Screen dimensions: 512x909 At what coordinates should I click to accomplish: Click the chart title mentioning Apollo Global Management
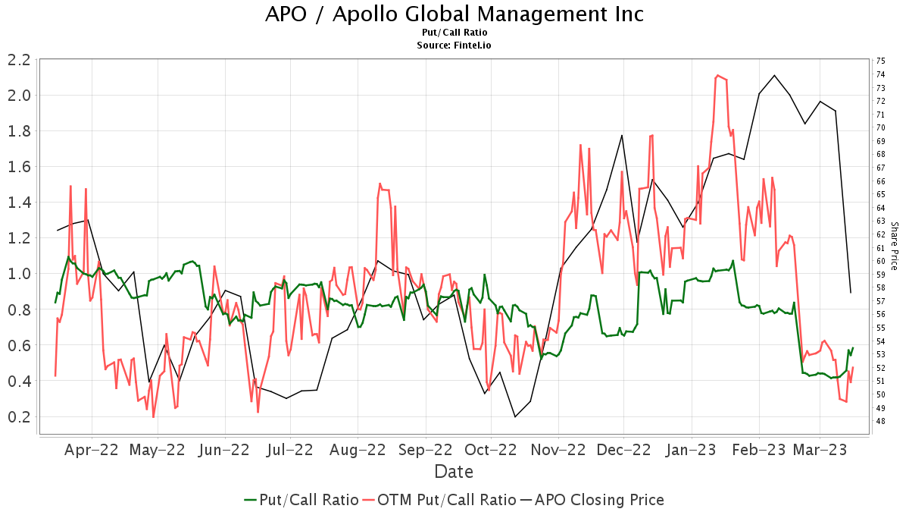pyautogui.click(x=454, y=14)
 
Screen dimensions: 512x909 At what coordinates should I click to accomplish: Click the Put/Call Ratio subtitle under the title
pyautogui.click(x=454, y=33)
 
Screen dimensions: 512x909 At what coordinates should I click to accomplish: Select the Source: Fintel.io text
pyautogui.click(x=454, y=45)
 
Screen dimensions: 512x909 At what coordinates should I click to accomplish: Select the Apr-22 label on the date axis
pyautogui.click(x=92, y=450)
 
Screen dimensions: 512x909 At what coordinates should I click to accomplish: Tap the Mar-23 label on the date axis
pyautogui.click(x=819, y=450)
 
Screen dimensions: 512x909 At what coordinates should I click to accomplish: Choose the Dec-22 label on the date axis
pyautogui.click(x=623, y=450)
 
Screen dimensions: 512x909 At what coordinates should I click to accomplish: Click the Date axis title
pyautogui.click(x=454, y=472)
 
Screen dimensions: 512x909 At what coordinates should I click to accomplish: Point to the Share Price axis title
pyautogui.click(x=894, y=246)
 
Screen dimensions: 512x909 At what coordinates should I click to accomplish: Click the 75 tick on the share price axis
pyautogui.click(x=880, y=61)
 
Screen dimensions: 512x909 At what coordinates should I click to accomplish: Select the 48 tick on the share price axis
pyautogui.click(x=880, y=421)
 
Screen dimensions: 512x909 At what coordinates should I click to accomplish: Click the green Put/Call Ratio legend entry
pyautogui.click(x=301, y=500)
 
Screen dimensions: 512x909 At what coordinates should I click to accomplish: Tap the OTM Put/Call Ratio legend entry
pyautogui.click(x=439, y=500)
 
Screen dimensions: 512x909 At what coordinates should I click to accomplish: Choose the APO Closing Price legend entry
pyautogui.click(x=592, y=500)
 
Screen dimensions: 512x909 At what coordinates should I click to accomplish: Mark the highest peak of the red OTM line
pyautogui.click(x=717, y=75)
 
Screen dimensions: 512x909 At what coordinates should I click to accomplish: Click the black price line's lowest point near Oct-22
pyautogui.click(x=515, y=416)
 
